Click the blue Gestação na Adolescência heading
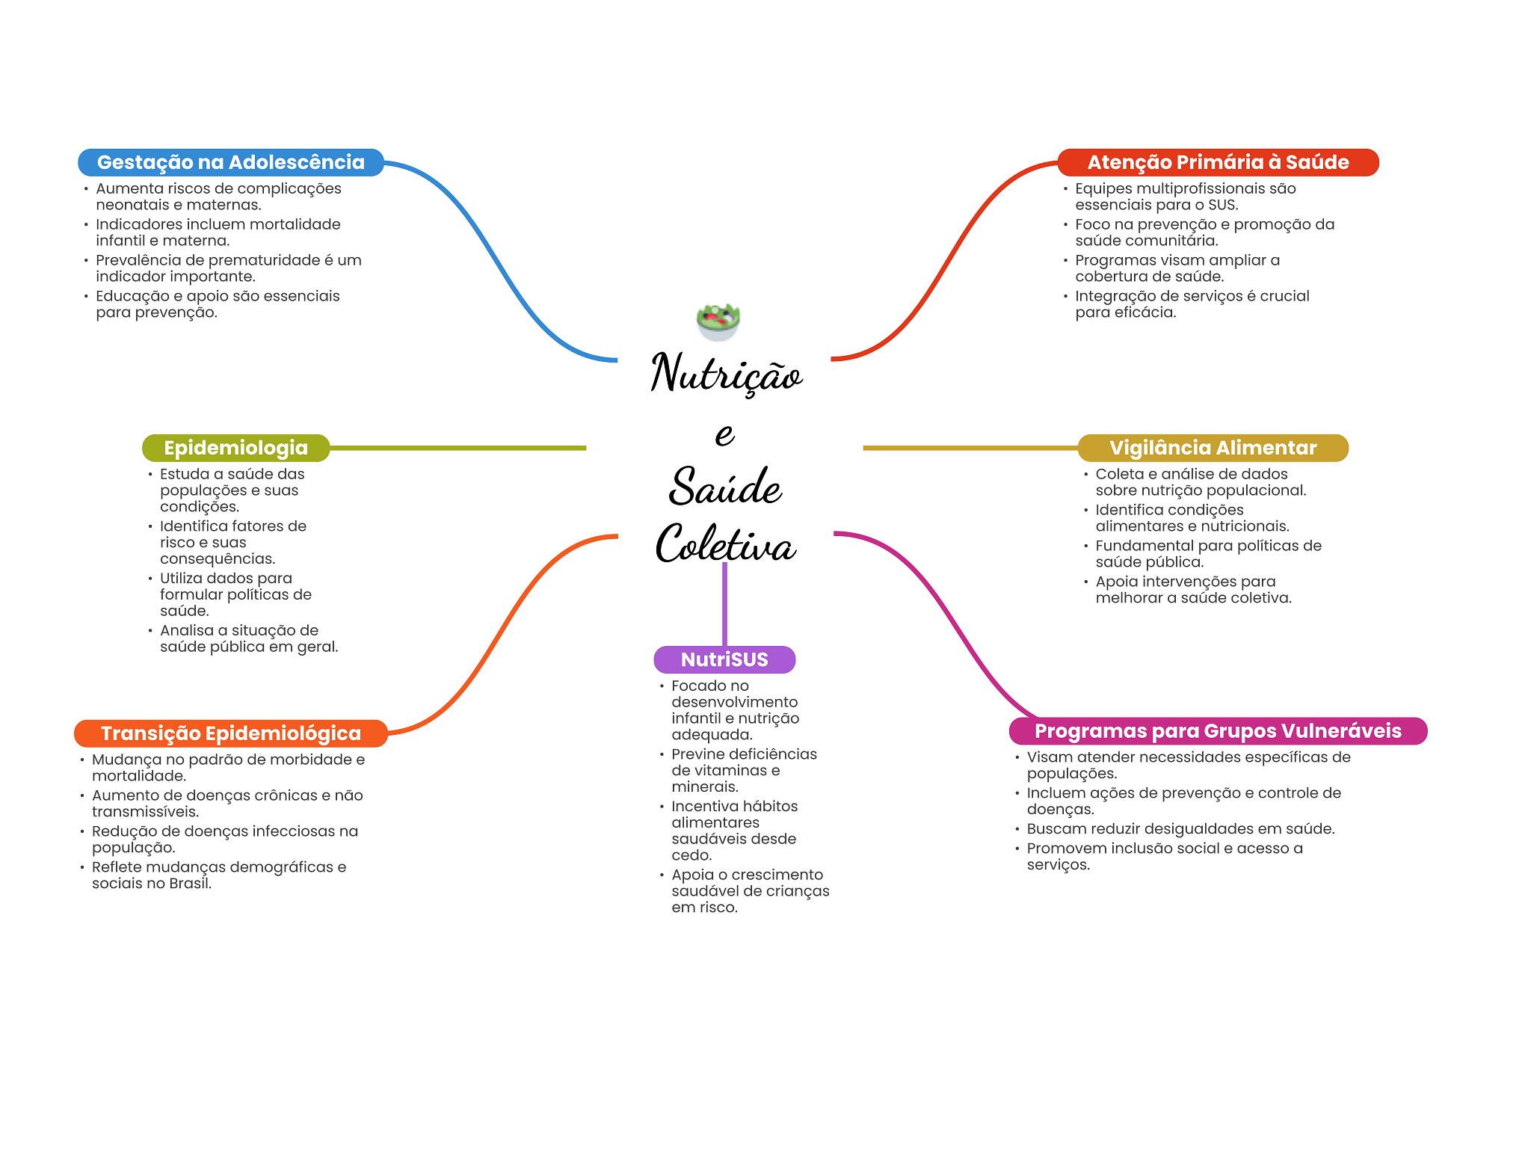[x=230, y=162]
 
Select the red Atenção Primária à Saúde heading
[x=1217, y=162]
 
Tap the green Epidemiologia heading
[x=235, y=448]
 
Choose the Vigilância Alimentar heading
[x=1213, y=448]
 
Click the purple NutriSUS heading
[x=724, y=659]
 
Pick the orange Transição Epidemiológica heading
[x=230, y=733]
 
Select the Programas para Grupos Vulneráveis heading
[x=1217, y=731]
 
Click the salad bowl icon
[x=718, y=321]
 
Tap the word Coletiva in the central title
[x=725, y=544]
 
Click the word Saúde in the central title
[x=725, y=487]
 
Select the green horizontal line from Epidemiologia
[x=458, y=448]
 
